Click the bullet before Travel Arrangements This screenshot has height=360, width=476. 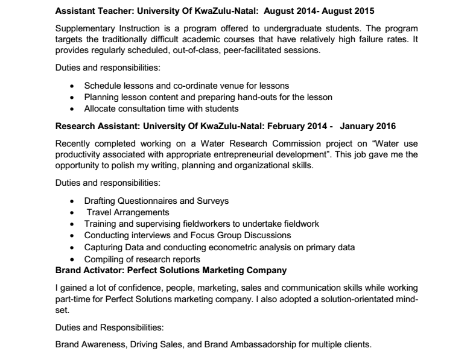coord(72,213)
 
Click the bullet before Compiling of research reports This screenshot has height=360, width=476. coord(72,259)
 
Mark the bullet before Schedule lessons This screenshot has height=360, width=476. coord(72,86)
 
